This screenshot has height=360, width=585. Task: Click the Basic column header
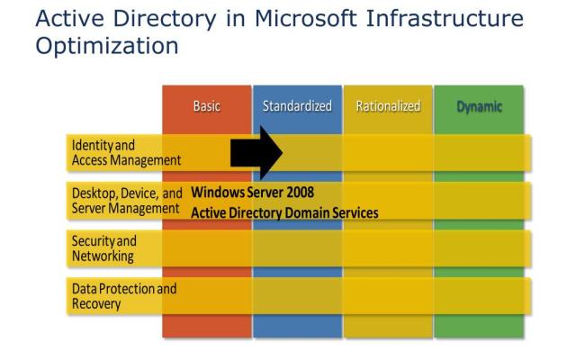tap(206, 106)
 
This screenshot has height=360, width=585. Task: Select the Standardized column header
tap(297, 106)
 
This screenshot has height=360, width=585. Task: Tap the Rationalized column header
tap(388, 106)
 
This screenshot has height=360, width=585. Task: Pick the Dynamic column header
tap(478, 106)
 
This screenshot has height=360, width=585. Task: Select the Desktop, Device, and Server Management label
tap(127, 200)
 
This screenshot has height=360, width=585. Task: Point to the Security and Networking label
tap(104, 248)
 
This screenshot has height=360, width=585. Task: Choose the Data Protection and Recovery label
tap(124, 296)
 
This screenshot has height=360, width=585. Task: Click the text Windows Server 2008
tap(253, 192)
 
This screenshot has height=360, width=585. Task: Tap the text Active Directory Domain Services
tap(284, 213)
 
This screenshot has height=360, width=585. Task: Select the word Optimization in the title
tap(107, 45)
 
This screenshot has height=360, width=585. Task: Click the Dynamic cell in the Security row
tap(478, 248)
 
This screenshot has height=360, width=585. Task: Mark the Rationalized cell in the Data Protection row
tap(388, 296)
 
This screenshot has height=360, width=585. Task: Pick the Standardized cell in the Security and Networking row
tap(297, 248)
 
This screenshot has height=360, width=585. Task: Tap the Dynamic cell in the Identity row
tap(478, 152)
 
